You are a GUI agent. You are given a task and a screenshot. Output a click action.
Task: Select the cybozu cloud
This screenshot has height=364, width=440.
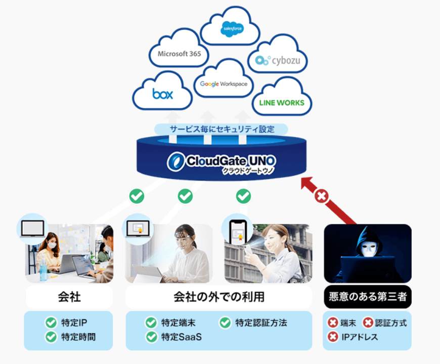point(278,61)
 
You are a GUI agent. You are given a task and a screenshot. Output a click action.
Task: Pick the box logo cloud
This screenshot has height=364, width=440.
point(162,94)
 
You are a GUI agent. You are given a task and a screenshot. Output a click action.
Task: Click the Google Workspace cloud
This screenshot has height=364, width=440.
point(224,83)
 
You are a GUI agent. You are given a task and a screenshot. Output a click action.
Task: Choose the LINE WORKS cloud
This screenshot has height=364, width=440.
point(281,103)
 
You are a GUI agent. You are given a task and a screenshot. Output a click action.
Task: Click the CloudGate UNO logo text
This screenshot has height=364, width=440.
point(223,161)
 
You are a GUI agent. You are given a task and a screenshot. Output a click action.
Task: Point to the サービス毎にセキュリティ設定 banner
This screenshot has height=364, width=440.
point(222,129)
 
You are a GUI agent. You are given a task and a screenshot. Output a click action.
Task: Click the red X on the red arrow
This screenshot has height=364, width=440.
point(321,196)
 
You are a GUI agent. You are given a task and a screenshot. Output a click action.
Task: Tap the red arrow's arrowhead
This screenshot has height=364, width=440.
point(307,184)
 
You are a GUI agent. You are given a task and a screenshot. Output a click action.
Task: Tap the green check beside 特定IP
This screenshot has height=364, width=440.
point(51,323)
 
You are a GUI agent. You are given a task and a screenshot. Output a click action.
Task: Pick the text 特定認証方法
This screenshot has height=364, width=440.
point(261,323)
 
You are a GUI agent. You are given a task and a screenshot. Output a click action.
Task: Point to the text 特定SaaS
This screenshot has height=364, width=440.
point(181,336)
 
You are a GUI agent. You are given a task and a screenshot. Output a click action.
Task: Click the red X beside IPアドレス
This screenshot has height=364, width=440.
point(333,336)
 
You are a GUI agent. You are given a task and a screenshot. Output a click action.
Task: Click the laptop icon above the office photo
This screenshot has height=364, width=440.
point(31,228)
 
